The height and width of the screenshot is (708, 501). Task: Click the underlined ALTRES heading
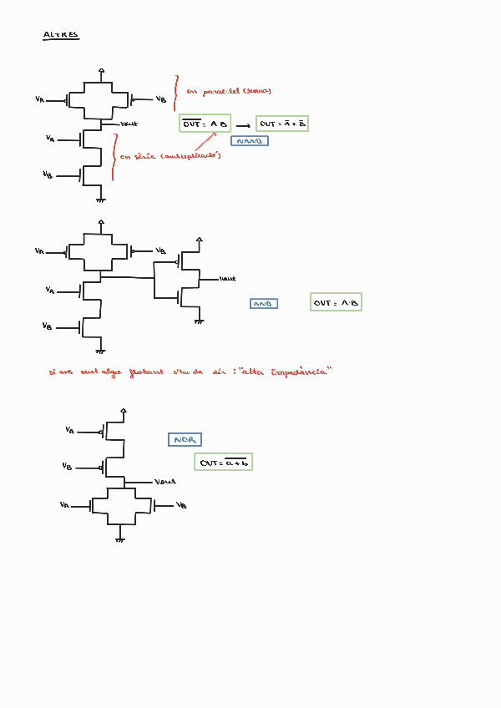click(60, 35)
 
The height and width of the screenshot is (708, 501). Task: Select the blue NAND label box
click(249, 141)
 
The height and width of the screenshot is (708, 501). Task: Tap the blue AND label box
click(264, 304)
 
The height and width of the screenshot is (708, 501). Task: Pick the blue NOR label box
click(185, 439)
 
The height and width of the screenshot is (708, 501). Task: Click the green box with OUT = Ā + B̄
click(282, 124)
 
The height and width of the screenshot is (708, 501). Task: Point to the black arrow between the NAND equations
click(243, 125)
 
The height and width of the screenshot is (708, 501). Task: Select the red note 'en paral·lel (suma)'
click(229, 91)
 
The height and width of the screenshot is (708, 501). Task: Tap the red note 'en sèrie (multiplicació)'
click(170, 155)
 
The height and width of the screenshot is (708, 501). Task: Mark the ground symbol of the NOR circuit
click(121, 539)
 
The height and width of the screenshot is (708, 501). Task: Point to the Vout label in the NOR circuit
click(165, 482)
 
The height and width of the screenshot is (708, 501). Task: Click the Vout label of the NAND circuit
click(129, 124)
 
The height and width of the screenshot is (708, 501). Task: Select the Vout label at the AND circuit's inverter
click(227, 278)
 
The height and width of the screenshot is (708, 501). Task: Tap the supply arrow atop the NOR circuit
click(124, 411)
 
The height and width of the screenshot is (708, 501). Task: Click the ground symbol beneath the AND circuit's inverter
click(199, 320)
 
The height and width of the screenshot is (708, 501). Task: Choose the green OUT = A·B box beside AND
click(336, 302)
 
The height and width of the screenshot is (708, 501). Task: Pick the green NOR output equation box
click(223, 462)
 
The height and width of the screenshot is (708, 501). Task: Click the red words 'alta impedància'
click(285, 372)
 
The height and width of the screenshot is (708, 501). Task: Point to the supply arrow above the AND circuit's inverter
click(199, 240)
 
